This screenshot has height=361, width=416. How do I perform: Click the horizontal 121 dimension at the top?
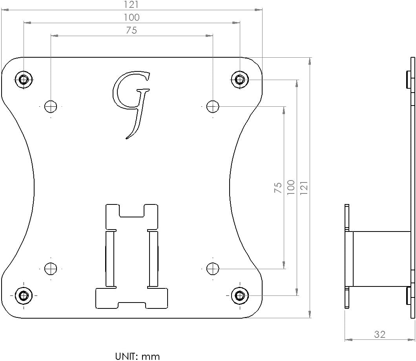[x=131, y=4]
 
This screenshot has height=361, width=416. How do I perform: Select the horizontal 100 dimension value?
[x=131, y=17]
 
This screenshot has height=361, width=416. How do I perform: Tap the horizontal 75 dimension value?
[x=131, y=30]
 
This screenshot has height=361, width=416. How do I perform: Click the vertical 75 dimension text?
[x=278, y=188]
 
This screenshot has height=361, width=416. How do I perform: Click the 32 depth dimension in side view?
[x=380, y=334]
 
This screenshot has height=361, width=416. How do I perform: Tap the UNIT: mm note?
[x=137, y=356]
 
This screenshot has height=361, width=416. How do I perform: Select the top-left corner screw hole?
[x=24, y=80]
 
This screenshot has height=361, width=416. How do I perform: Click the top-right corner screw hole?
[x=239, y=80]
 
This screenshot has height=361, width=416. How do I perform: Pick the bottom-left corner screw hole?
[x=24, y=295]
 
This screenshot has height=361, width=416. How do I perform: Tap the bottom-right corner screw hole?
[x=239, y=295]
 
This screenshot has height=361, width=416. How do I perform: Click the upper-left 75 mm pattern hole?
[x=51, y=106]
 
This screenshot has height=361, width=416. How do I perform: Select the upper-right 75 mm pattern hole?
[x=212, y=106]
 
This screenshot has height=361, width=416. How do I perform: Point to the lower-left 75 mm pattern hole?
[x=51, y=269]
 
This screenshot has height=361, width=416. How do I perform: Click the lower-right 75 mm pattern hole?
[x=212, y=269]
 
